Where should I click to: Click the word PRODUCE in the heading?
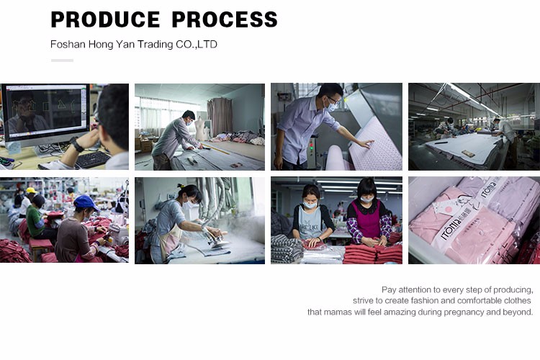[x=105, y=19]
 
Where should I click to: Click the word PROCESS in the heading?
[x=225, y=19]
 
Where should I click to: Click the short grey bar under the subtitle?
[x=63, y=60]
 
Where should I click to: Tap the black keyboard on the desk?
[x=93, y=160]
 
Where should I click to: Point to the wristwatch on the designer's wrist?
[x=77, y=144]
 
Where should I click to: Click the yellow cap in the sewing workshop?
[x=31, y=190]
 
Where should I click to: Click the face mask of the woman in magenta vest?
[x=366, y=199]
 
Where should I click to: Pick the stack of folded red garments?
[x=373, y=254]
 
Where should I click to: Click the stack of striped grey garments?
[x=287, y=248]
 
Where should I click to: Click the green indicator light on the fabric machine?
[x=312, y=149]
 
